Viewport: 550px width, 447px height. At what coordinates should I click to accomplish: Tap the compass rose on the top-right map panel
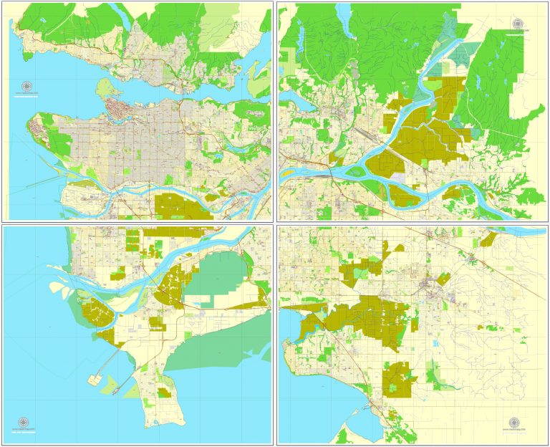click(x=517, y=24)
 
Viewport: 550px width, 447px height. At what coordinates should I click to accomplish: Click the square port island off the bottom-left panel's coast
click(x=97, y=378)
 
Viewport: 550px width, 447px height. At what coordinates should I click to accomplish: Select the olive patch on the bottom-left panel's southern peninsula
click(x=165, y=393)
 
